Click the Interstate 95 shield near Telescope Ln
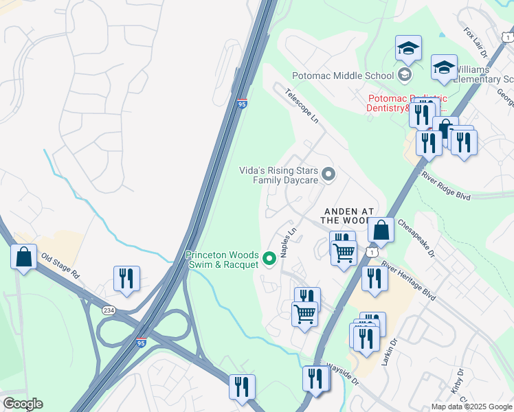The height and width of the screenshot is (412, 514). click(242, 104)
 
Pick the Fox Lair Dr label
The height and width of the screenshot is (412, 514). click(475, 42)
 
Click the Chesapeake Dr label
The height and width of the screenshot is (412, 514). click(416, 238)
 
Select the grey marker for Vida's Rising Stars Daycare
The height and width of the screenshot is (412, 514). click(328, 174)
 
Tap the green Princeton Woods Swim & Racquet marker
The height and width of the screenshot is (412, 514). click(269, 259)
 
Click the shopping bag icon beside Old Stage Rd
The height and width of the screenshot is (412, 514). click(24, 257)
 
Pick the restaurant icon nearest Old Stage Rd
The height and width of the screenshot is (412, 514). click(126, 277)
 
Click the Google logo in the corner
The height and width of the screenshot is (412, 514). click(23, 404)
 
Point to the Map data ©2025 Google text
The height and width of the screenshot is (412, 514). click(471, 407)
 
